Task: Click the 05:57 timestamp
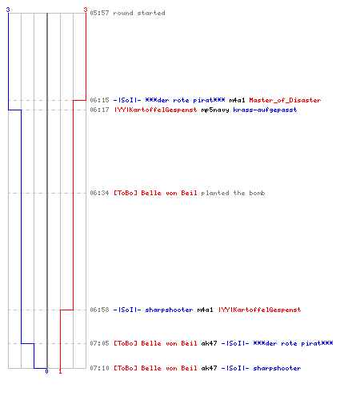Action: (99, 13)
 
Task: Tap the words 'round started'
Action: (139, 13)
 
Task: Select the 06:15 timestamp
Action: (99, 100)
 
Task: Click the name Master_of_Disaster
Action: (285, 100)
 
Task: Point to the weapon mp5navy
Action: (215, 110)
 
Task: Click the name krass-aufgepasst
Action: (265, 110)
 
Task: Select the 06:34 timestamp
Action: (99, 193)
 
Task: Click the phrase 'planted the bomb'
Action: (233, 193)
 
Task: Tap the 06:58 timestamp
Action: (99, 310)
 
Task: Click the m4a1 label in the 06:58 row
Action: (205, 310)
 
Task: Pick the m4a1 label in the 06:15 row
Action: (237, 100)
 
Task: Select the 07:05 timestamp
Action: (99, 343)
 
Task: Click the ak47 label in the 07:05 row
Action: (209, 343)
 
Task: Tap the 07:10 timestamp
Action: (99, 368)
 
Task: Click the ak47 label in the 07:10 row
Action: (209, 368)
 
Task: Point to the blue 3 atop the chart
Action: (8, 10)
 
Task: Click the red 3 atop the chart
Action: (86, 10)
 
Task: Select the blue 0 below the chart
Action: (46, 371)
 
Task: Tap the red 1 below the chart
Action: (60, 371)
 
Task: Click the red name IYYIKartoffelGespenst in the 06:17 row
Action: (156, 110)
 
